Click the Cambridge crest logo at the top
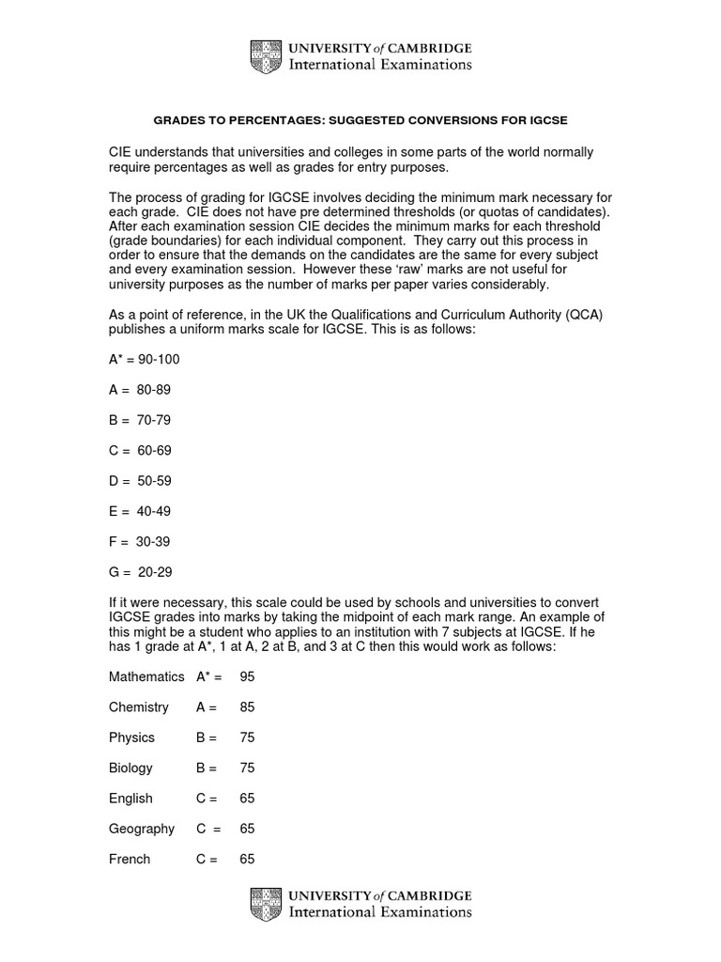point(266,56)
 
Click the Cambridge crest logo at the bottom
point(266,903)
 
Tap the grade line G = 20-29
point(141,572)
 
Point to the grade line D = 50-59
point(140,481)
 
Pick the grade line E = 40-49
point(140,511)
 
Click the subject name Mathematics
point(146,676)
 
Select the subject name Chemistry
point(139,706)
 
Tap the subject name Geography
point(142,829)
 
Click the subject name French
point(129,859)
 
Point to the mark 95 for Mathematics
point(248,676)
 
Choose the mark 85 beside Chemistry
point(248,706)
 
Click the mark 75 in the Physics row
point(248,737)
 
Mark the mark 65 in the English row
point(248,799)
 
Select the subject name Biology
point(130,768)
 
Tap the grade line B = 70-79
point(140,420)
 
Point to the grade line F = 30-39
point(140,542)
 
